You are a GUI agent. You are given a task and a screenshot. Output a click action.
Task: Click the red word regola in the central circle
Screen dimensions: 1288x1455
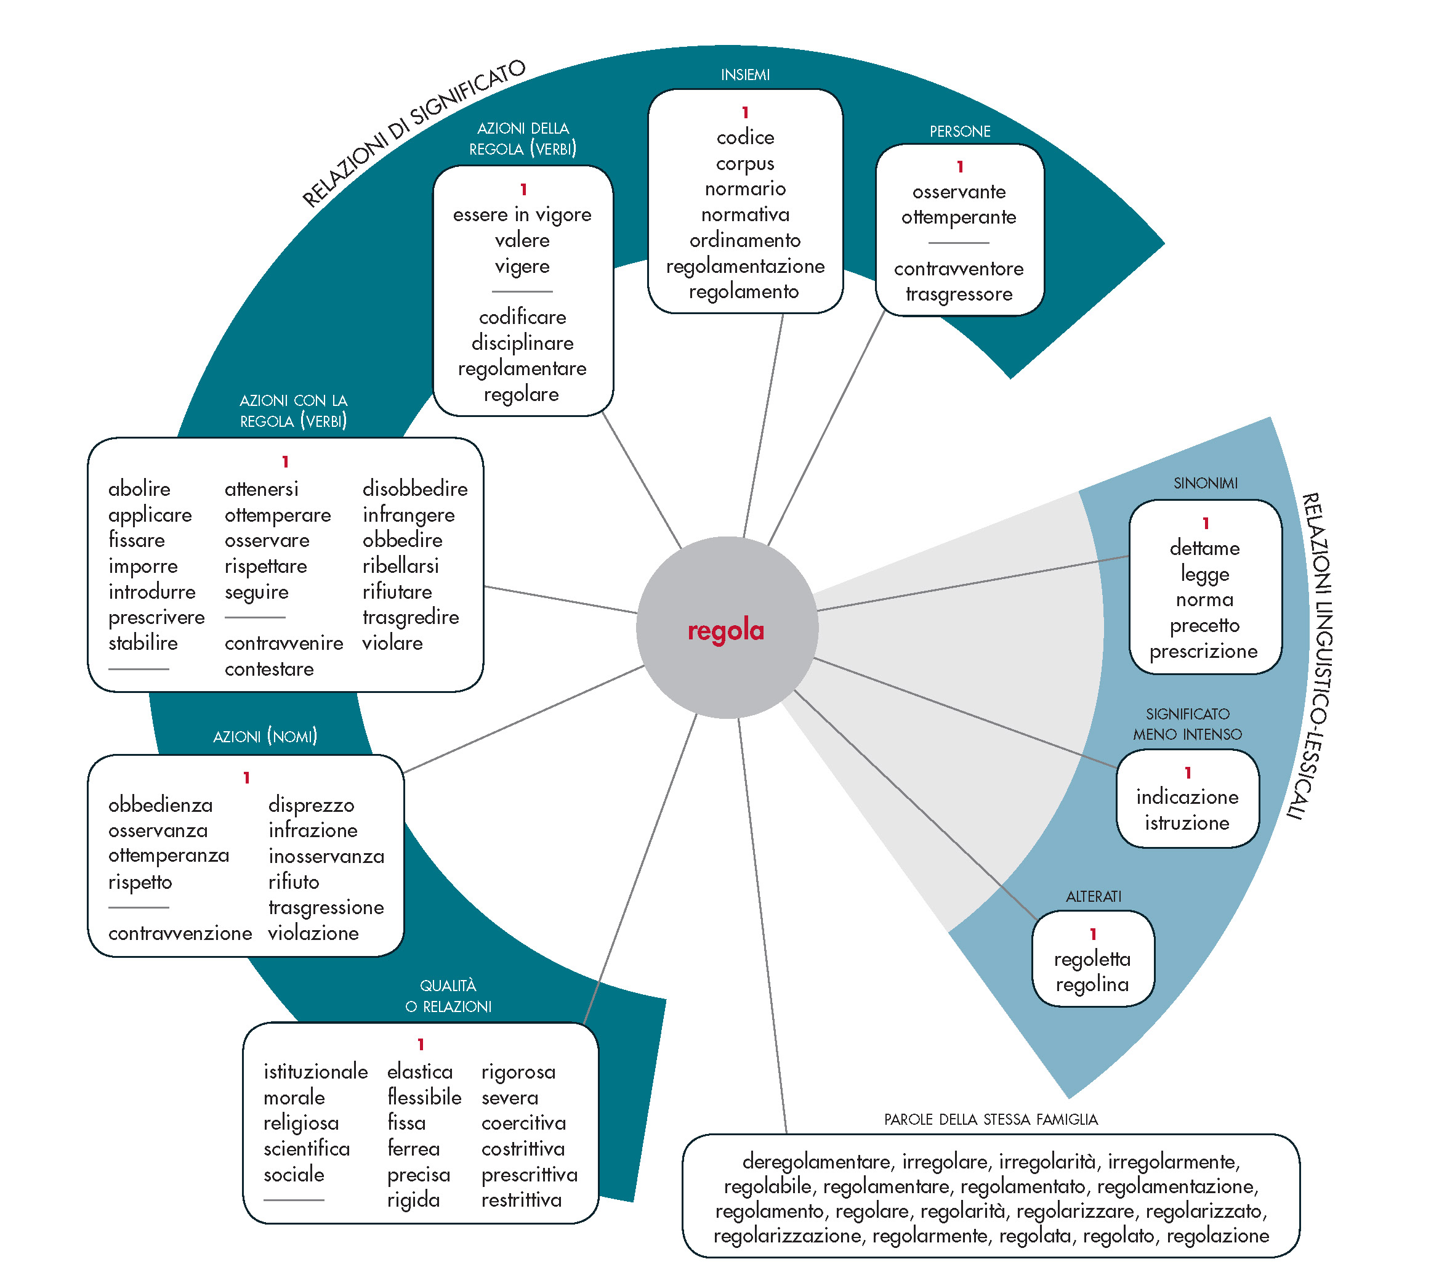click(x=725, y=630)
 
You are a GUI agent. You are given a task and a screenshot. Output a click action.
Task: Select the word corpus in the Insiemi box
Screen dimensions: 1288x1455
click(x=744, y=163)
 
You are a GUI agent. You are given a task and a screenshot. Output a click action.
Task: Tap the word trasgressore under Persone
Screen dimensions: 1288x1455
click(x=958, y=294)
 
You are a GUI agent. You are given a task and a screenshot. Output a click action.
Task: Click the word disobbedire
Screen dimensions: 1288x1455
click(x=414, y=488)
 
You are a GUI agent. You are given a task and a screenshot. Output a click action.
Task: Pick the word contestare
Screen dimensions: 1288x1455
click(x=269, y=668)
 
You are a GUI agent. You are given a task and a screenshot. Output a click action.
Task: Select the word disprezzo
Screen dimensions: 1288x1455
click(x=311, y=804)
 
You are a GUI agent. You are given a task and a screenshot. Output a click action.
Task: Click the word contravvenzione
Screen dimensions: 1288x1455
click(x=180, y=933)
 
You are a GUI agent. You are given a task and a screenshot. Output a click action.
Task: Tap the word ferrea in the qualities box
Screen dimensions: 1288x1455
click(x=413, y=1148)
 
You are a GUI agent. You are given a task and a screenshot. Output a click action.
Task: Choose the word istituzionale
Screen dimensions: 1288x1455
click(x=315, y=1072)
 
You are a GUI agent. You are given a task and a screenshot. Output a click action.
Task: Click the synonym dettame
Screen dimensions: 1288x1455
click(x=1204, y=548)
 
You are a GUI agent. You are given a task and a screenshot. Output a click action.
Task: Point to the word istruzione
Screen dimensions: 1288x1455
click(x=1187, y=823)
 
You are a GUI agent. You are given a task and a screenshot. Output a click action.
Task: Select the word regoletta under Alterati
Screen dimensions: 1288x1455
click(x=1092, y=959)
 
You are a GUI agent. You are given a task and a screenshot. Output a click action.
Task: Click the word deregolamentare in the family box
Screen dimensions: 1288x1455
click(x=816, y=1162)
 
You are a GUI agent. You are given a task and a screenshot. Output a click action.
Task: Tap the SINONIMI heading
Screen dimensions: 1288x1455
click(x=1205, y=484)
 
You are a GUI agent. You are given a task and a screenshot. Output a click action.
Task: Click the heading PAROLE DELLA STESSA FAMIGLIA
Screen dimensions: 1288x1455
click(x=990, y=1119)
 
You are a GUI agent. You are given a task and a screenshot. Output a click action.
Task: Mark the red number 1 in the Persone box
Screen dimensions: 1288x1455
click(x=959, y=166)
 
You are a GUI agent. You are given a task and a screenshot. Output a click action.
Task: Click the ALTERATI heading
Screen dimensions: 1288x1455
click(x=1093, y=896)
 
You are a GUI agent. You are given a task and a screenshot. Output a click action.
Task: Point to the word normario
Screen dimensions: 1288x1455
click(x=744, y=188)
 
